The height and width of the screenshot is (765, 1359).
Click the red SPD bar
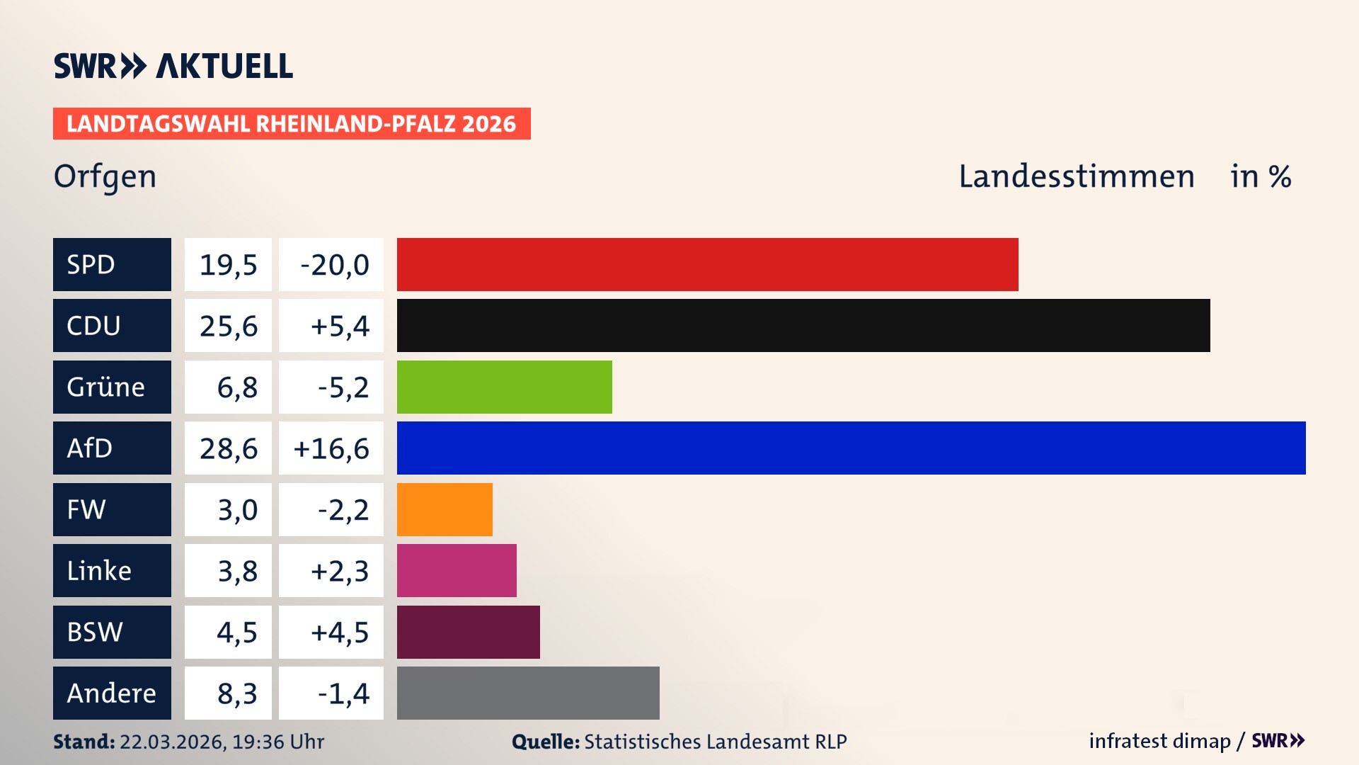click(x=707, y=264)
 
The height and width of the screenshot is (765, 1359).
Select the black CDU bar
click(x=803, y=325)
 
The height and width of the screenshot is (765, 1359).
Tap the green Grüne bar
click(x=504, y=387)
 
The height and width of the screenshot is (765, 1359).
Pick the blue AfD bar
click(x=851, y=448)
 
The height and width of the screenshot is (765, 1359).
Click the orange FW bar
click(x=445, y=509)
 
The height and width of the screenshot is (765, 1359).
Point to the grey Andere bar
click(x=528, y=693)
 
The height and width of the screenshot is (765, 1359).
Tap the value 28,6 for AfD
click(x=228, y=448)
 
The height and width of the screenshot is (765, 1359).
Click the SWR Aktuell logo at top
click(x=173, y=66)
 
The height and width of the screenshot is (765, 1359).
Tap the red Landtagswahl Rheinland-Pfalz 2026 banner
click(x=292, y=123)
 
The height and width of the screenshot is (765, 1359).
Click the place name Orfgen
click(x=105, y=176)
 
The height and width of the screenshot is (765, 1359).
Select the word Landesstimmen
click(x=1076, y=176)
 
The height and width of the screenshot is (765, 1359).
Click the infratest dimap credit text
click(x=1159, y=741)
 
